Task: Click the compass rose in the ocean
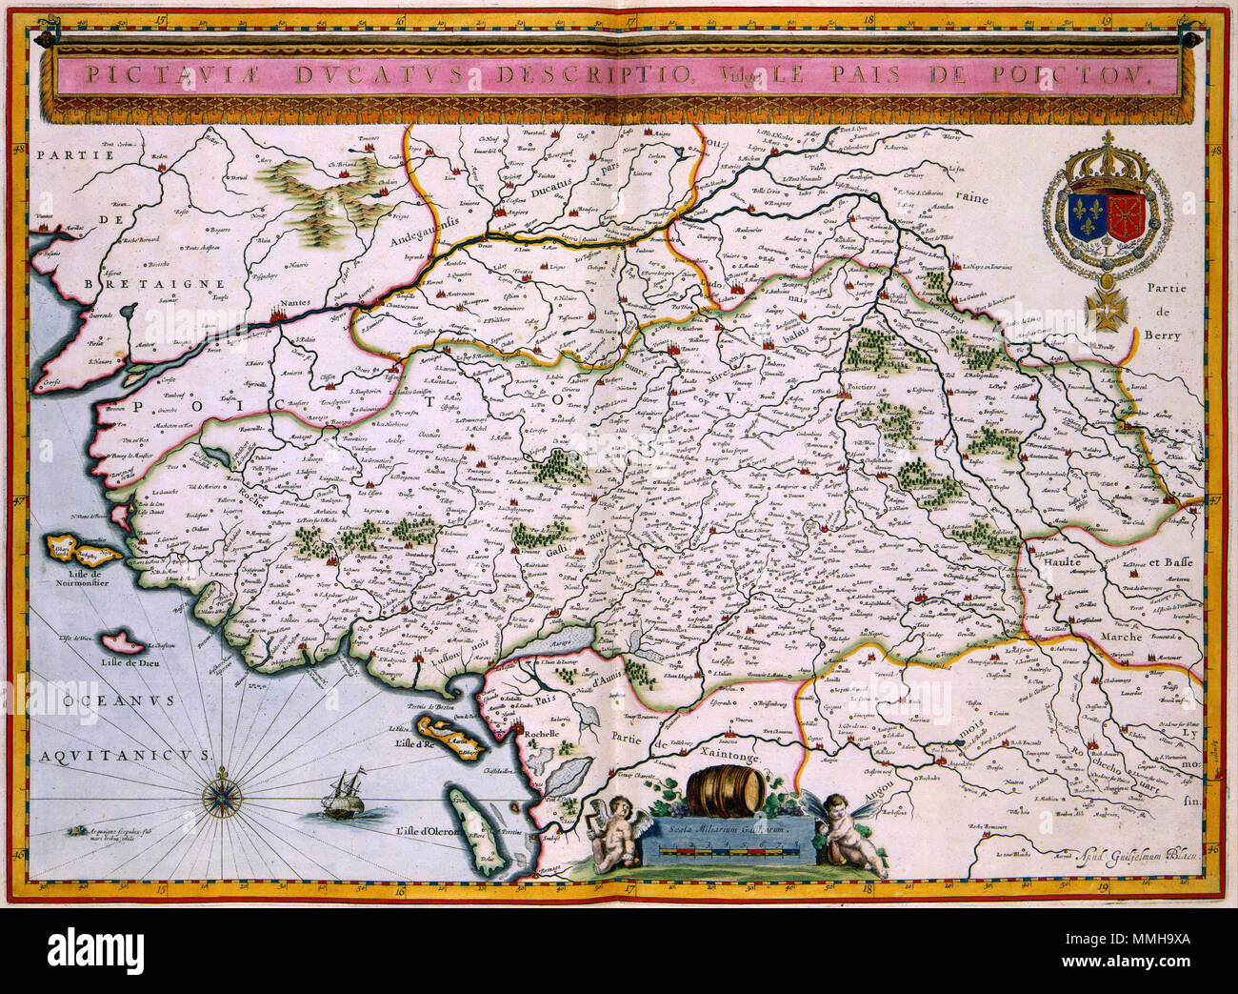pyautogui.click(x=223, y=790)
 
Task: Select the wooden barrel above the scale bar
pyautogui.click(x=726, y=787)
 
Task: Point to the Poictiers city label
pyautogui.click(x=860, y=390)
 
